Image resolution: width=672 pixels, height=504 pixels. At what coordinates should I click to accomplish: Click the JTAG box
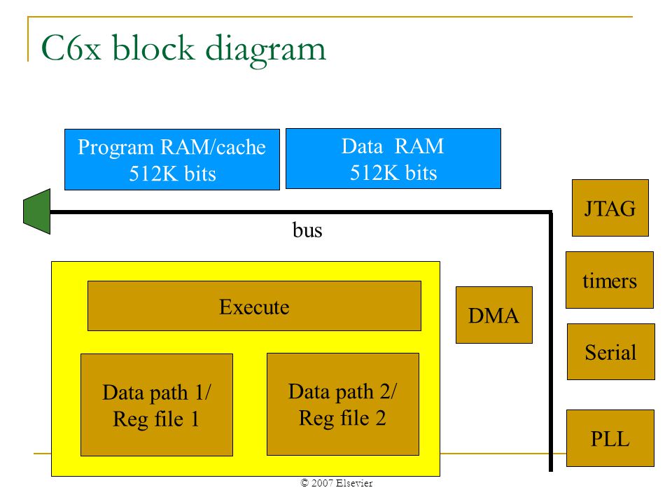(x=610, y=208)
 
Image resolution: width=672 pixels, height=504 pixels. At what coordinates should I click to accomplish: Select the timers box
(x=610, y=280)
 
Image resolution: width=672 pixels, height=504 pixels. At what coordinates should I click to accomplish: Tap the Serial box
(x=610, y=352)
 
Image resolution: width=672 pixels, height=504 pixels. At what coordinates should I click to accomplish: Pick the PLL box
(x=610, y=438)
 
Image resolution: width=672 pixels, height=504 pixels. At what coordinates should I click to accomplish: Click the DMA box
(x=494, y=315)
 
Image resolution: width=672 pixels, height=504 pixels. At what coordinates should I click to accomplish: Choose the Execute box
(x=254, y=306)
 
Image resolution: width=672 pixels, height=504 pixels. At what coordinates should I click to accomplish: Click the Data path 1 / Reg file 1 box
(x=157, y=405)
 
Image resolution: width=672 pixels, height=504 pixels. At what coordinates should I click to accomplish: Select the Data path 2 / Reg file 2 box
(x=343, y=404)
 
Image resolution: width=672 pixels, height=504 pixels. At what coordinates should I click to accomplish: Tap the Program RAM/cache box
(x=172, y=160)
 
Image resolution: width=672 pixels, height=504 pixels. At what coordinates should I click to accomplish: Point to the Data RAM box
(x=393, y=159)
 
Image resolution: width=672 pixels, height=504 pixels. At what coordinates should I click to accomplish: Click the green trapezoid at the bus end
(x=37, y=211)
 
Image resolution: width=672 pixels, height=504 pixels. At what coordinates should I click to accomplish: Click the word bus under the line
(x=307, y=230)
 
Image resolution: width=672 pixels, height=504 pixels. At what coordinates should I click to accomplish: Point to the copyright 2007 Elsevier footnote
(x=337, y=483)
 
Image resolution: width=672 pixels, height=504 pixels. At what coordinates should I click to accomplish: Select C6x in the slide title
(x=71, y=48)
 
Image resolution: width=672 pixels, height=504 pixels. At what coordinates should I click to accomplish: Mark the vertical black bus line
(x=551, y=342)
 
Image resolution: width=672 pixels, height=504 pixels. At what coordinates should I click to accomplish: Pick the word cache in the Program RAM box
(x=241, y=148)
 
